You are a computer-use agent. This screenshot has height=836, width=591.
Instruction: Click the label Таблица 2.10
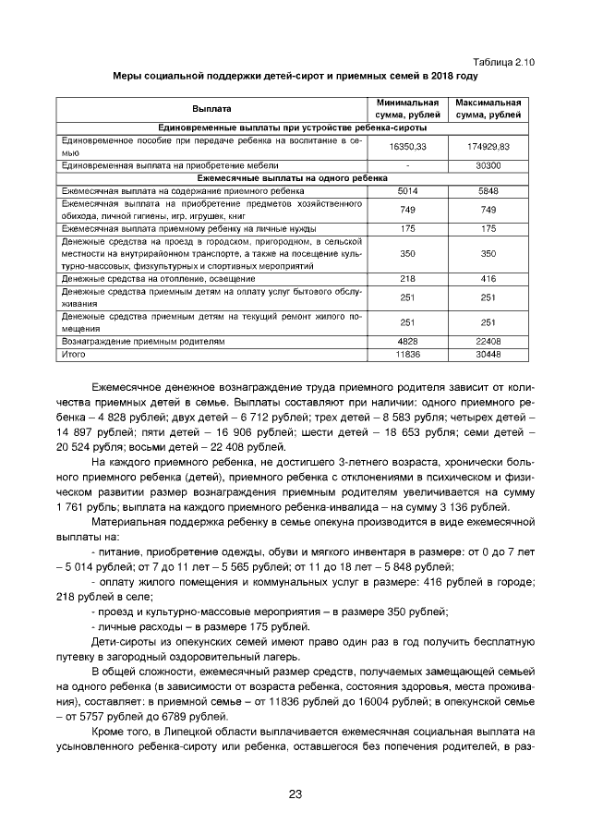tap(503, 61)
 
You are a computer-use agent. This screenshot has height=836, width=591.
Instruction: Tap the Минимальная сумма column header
tap(407, 108)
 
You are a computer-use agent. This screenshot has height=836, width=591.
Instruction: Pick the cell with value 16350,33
tap(407, 146)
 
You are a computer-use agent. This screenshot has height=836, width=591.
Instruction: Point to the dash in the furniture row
tap(407, 164)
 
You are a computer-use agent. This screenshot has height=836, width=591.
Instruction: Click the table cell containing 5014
tap(407, 190)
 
